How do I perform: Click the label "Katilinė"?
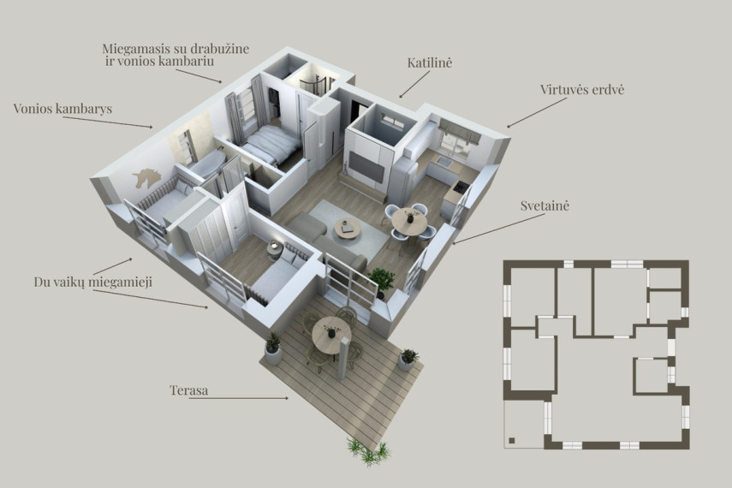pyautogui.click(x=430, y=62)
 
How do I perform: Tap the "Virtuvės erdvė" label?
pyautogui.click(x=582, y=90)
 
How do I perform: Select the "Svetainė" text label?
pyautogui.click(x=545, y=205)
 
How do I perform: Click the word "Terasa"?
pyautogui.click(x=189, y=390)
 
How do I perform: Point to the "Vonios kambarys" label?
pyautogui.click(x=62, y=109)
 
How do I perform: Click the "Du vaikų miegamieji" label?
pyautogui.click(x=93, y=282)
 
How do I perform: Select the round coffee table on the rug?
pyautogui.click(x=348, y=229)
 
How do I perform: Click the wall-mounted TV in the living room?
pyautogui.click(x=367, y=167)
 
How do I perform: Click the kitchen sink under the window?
pyautogui.click(x=443, y=163)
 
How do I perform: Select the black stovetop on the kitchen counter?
pyautogui.click(x=461, y=187)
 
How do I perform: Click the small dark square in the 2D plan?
pyautogui.click(x=512, y=440)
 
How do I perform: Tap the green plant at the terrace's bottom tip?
pyautogui.click(x=368, y=451)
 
